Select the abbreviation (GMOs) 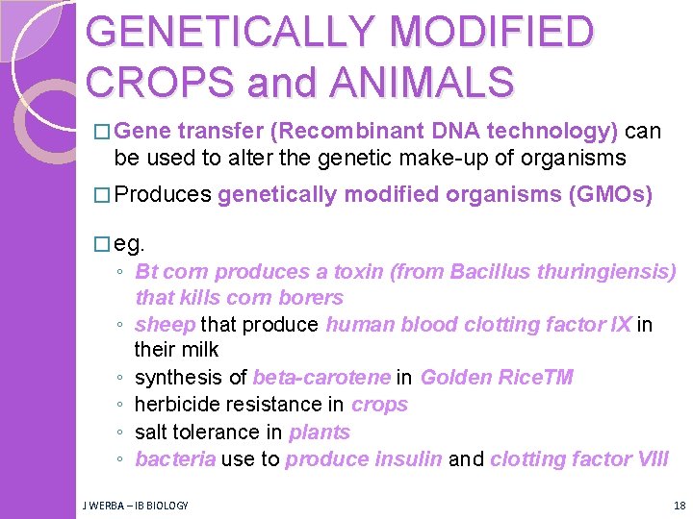(611, 195)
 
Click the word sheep (166, 325)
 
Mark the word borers (310, 298)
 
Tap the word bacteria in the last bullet (175, 459)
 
